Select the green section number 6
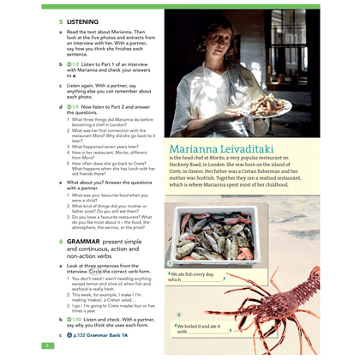pos(61,244)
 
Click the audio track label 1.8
pos(75,63)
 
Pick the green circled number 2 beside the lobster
pos(178,315)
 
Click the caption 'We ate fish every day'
pos(198,274)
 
